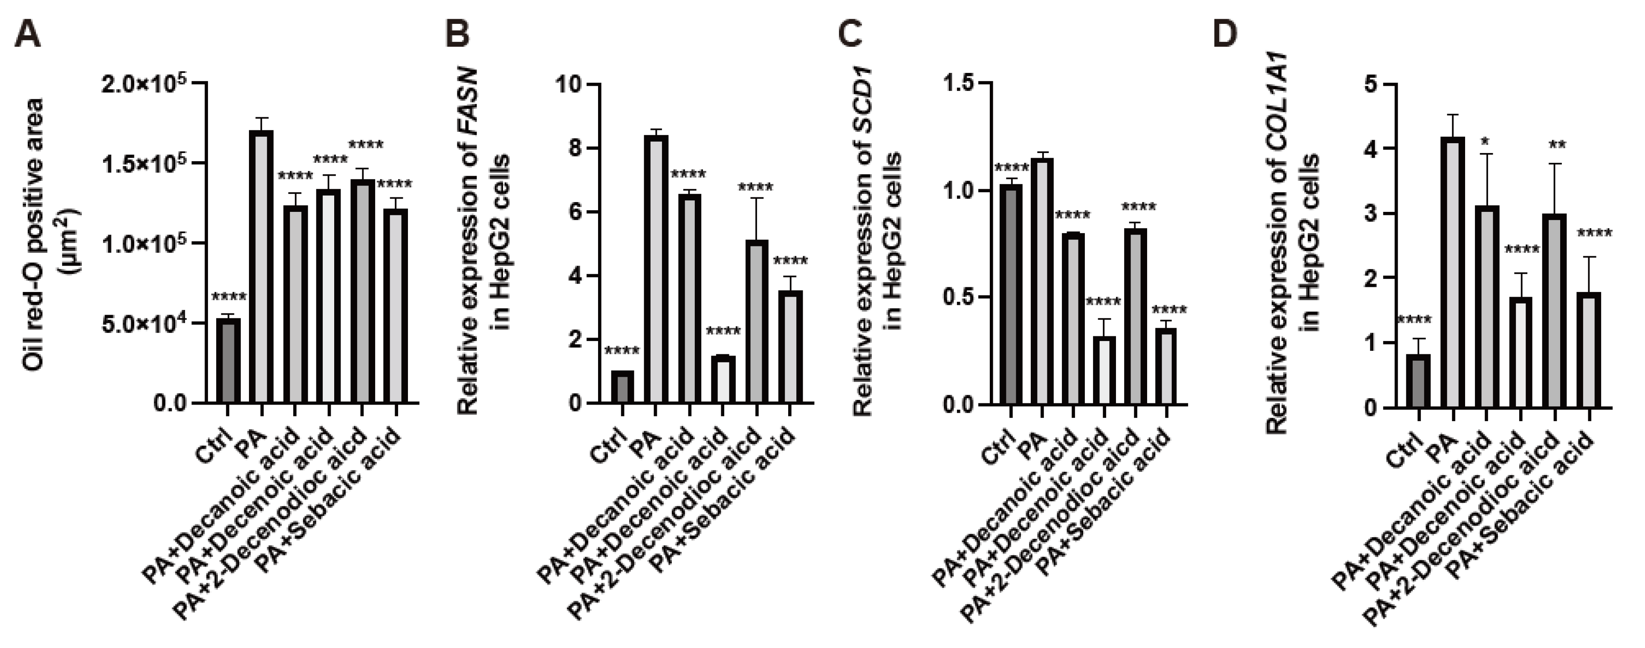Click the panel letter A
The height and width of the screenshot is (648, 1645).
[x=27, y=35]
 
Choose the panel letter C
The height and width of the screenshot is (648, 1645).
[x=849, y=35]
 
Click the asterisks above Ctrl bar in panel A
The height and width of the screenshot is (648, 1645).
[x=228, y=297]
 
